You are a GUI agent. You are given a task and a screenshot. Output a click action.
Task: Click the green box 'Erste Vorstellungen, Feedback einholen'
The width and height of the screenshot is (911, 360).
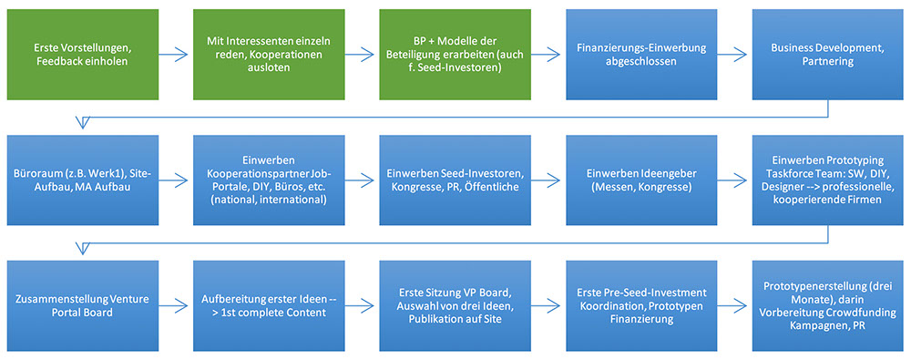(83, 54)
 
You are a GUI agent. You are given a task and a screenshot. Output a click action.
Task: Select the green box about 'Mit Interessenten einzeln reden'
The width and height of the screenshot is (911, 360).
(269, 54)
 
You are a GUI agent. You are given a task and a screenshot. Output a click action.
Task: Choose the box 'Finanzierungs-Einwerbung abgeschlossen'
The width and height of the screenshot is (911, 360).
(642, 54)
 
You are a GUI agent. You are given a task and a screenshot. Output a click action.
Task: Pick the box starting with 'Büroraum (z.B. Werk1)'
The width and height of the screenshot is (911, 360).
(83, 180)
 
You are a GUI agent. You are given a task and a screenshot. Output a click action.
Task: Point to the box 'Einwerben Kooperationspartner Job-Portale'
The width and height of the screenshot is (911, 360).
(269, 180)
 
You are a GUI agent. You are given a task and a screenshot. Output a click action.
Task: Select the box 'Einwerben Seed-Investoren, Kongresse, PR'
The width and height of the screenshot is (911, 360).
(455, 180)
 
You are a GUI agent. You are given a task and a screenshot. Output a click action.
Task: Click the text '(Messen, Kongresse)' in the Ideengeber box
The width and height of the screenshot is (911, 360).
(642, 186)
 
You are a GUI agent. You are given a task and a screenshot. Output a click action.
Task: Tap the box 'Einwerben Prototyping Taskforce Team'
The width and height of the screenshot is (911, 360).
(828, 180)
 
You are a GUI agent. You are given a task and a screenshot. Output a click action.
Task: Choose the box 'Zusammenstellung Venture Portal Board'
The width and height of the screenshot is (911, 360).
(83, 306)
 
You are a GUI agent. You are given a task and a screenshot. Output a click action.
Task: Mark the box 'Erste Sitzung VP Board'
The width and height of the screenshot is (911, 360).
(455, 306)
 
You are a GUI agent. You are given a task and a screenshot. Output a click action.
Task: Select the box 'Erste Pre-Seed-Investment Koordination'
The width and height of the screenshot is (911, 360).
(642, 306)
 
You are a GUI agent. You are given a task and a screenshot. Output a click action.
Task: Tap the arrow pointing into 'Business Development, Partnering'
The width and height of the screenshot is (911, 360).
(734, 55)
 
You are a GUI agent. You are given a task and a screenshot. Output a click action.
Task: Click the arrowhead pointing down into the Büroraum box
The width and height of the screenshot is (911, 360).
(83, 123)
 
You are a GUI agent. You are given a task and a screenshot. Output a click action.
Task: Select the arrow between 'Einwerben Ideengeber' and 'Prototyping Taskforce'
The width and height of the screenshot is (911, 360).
(734, 180)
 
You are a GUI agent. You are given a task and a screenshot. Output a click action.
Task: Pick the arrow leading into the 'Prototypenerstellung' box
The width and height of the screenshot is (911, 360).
(734, 306)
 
